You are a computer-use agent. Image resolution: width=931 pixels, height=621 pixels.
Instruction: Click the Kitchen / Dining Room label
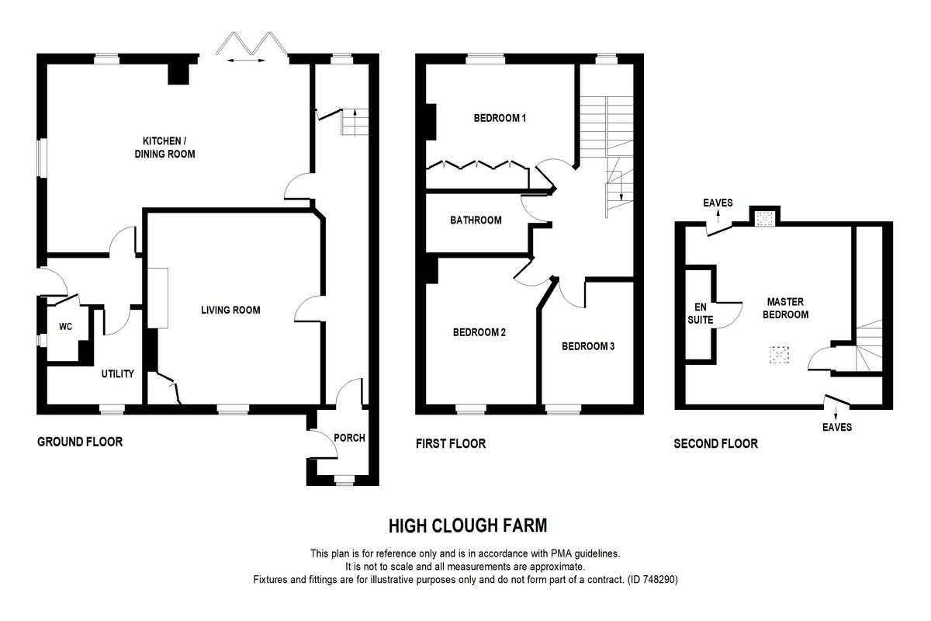[168, 147]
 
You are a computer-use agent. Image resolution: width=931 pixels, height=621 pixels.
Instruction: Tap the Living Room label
[230, 310]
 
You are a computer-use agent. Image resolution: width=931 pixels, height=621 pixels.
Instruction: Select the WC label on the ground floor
[65, 327]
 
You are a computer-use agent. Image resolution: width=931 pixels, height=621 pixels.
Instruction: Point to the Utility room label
[118, 374]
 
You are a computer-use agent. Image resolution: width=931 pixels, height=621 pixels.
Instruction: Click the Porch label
[349, 438]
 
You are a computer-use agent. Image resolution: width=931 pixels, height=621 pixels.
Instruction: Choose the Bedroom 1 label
[500, 119]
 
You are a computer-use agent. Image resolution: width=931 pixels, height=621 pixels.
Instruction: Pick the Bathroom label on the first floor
[476, 220]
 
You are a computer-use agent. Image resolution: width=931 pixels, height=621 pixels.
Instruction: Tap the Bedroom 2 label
[479, 333]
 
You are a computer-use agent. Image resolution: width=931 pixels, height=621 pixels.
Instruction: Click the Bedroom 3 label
[588, 346]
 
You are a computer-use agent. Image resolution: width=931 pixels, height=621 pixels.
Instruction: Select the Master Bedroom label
[787, 308]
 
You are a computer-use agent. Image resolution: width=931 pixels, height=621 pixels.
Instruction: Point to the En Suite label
[700, 313]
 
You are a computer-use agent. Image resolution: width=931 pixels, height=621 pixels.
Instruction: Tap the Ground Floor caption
[80, 442]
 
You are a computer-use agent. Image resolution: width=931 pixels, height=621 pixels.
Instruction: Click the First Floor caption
[450, 444]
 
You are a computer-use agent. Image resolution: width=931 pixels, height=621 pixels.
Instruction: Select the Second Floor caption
[715, 444]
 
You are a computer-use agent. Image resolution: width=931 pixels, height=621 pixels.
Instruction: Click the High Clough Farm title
[468, 526]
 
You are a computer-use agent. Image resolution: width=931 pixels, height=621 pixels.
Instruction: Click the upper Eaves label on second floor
[718, 203]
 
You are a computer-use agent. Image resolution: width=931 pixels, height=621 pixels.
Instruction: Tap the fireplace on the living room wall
[158, 298]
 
